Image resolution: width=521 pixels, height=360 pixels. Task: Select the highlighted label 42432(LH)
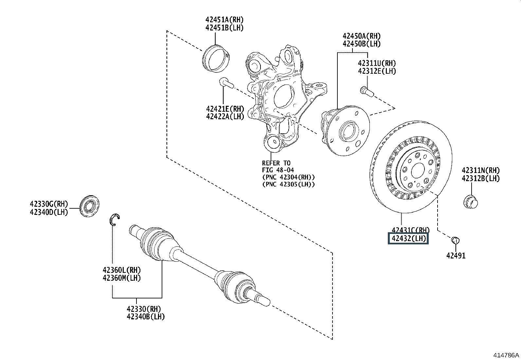coord(408,238)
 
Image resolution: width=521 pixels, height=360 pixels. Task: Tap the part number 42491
coord(456,256)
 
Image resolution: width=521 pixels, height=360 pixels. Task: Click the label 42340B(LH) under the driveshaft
coord(146,317)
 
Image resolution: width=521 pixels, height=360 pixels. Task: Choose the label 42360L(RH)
coord(121,270)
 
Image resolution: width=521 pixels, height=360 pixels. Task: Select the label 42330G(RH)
coord(49,204)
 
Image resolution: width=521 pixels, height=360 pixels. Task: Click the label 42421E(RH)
coord(225,109)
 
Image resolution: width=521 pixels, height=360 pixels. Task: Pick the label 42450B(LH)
coord(362,44)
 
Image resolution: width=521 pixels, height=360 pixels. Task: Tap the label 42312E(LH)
coord(377,71)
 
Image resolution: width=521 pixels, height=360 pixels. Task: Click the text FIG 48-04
coord(278,170)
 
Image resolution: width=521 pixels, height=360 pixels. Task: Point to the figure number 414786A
coord(506,355)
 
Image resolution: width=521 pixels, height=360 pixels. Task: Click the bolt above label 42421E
coord(226,83)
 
